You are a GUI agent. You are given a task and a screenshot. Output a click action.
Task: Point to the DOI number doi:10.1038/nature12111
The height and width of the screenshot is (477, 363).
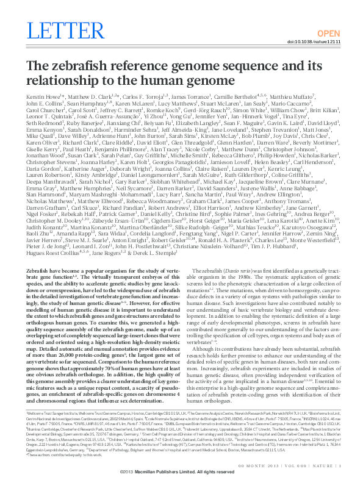[x=317, y=41]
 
